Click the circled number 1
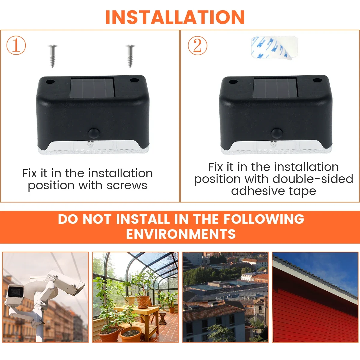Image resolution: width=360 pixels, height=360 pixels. pyautogui.click(x=16, y=45)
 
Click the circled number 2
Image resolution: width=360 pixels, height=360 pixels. pyautogui.click(x=197, y=46)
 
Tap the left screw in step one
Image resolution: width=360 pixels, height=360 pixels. pyautogui.click(x=53, y=56)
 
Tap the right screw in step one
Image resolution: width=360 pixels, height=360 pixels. pyautogui.click(x=130, y=56)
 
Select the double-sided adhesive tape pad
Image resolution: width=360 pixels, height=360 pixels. pyautogui.click(x=274, y=47)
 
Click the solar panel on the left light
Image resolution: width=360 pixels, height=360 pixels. pyautogui.click(x=93, y=88)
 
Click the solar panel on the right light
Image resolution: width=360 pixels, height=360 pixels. pyautogui.click(x=275, y=88)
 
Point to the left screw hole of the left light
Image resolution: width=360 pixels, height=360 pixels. pyautogui.click(x=50, y=82)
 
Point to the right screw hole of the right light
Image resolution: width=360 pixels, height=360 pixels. pyautogui.click(x=317, y=80)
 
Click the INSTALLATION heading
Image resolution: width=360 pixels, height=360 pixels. pyautogui.click(x=175, y=17)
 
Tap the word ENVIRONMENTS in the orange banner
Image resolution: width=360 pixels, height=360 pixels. pyautogui.click(x=181, y=234)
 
